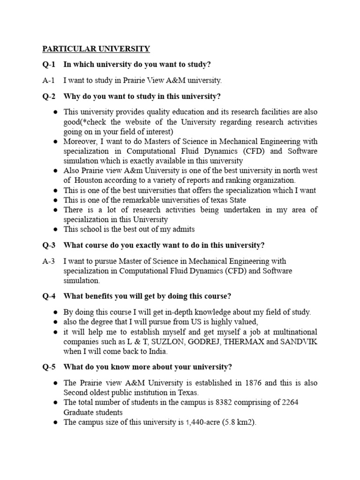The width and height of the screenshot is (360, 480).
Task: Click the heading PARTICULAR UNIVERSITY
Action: [97, 49]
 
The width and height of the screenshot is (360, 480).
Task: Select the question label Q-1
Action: [48, 65]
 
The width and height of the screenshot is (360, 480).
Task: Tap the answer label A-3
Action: [48, 261]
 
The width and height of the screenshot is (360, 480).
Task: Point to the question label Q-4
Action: [48, 296]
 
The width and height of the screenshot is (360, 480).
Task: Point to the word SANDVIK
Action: [299, 342]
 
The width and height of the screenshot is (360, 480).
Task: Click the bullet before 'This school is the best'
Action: [55, 229]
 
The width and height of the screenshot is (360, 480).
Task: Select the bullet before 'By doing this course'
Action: [55, 312]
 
